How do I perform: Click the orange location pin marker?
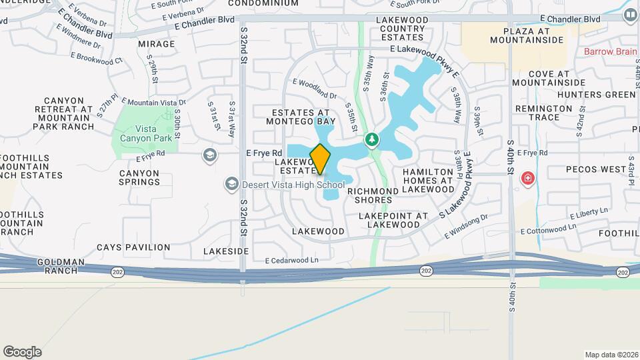[x=320, y=159]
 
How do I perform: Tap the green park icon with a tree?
[x=372, y=140]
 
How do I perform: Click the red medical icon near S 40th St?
[x=527, y=179]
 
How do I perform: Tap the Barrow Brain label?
[x=611, y=51]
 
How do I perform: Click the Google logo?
[x=22, y=352]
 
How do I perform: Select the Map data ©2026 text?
[x=611, y=354]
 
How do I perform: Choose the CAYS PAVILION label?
[x=133, y=247]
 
